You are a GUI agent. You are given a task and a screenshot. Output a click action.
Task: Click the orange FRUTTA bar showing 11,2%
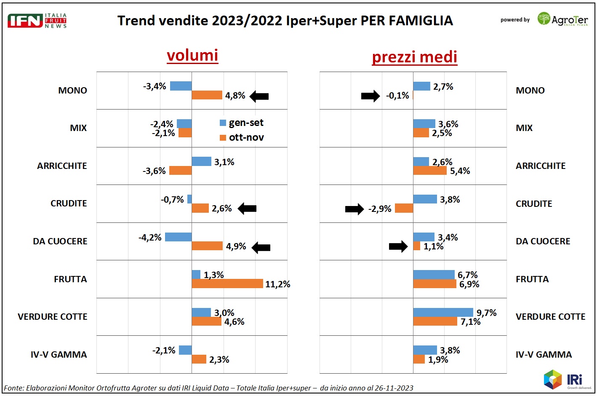click(227, 284)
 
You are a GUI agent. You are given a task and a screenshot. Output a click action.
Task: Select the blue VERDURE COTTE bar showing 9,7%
click(443, 313)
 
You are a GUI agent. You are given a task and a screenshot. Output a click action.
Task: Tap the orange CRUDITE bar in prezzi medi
click(404, 208)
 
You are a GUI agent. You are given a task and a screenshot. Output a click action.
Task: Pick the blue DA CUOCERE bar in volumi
click(178, 237)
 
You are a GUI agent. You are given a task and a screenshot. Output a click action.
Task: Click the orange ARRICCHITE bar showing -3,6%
click(180, 171)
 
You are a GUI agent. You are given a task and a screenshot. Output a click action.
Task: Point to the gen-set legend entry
click(242, 123)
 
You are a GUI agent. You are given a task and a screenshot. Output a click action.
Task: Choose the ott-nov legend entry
click(242, 138)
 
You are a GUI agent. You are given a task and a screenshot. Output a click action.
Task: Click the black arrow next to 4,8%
click(259, 96)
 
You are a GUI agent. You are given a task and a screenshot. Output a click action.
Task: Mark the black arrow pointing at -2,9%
click(354, 209)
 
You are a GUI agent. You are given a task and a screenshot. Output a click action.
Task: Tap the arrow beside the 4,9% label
click(261, 248)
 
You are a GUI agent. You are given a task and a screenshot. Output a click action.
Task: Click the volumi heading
click(192, 56)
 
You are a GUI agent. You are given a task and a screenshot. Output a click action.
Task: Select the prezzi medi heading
click(414, 57)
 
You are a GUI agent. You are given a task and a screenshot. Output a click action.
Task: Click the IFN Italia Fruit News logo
click(37, 20)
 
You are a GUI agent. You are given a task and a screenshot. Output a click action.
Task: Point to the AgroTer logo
click(562, 19)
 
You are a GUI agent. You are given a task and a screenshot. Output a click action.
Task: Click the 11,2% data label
click(278, 284)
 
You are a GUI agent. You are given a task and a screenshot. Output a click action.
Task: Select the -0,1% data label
click(397, 96)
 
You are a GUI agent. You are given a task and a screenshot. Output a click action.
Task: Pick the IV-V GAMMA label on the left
click(59, 355)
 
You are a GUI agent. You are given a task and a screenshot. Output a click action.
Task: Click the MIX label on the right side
click(524, 128)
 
